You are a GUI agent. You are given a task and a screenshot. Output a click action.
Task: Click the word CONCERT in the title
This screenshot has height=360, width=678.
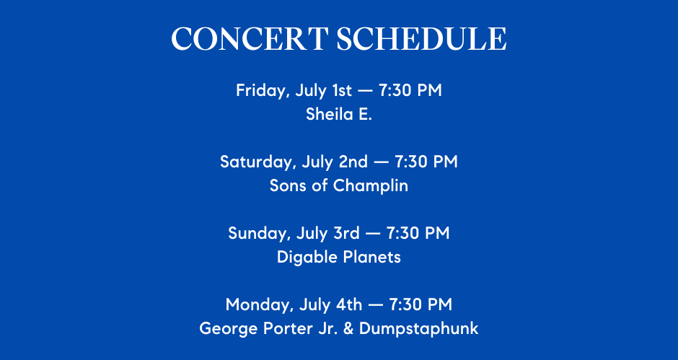(250, 39)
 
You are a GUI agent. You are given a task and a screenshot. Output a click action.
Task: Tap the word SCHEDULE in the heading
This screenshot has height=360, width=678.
(422, 39)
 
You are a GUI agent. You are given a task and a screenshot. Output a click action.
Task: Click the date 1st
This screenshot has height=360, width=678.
(342, 90)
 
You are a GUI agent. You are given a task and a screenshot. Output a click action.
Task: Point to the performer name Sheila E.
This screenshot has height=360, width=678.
(339, 114)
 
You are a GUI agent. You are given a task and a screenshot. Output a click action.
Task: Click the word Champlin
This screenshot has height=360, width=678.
(371, 186)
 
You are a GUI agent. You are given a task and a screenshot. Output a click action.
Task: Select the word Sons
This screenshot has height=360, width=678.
(286, 185)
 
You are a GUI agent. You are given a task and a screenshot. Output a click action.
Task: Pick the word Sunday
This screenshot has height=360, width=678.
(260, 234)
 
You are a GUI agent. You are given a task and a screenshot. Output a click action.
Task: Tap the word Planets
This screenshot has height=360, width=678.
(372, 257)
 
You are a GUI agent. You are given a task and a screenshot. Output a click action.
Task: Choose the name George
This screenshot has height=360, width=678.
(229, 329)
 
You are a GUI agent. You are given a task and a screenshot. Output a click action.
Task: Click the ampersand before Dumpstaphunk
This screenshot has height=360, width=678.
(348, 328)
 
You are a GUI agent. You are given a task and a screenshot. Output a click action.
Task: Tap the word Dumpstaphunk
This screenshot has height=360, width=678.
(419, 329)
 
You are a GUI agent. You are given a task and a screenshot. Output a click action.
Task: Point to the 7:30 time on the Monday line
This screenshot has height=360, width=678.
(405, 304)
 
